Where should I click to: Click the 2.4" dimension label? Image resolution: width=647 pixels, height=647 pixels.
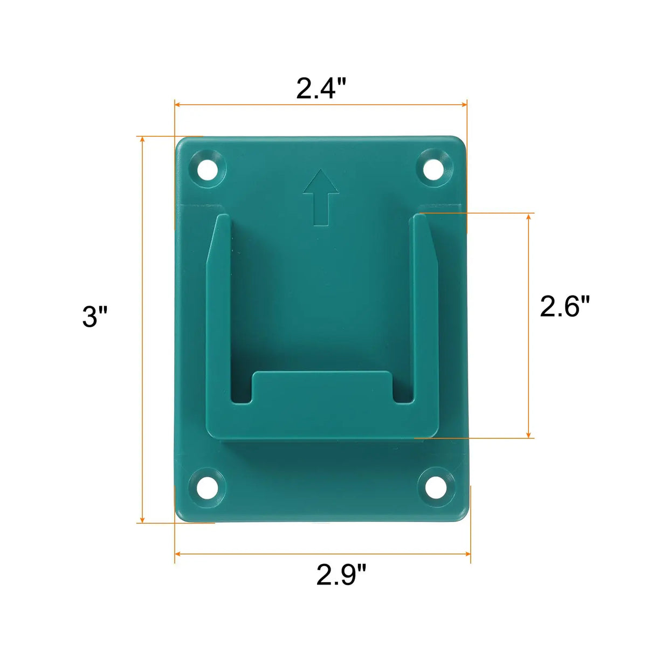[x=321, y=88]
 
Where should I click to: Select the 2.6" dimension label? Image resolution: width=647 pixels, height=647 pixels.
[x=565, y=306]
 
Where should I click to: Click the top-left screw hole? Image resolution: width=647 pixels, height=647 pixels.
[x=207, y=169]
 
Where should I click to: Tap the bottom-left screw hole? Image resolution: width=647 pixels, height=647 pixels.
[x=205, y=487]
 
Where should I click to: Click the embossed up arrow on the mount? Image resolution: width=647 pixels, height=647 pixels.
[x=321, y=197]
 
